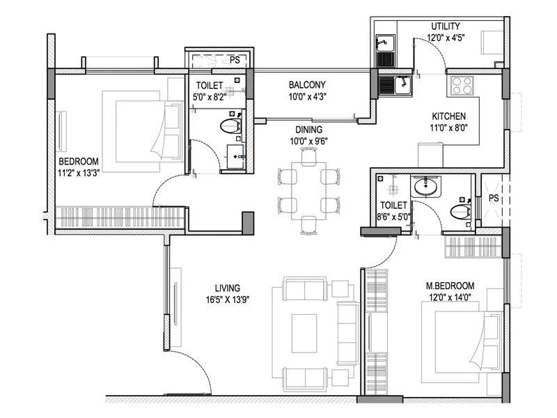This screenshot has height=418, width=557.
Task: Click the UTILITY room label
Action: (x=446, y=26)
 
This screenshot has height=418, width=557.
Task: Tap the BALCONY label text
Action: (x=307, y=86)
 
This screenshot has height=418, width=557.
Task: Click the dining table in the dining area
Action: (x=308, y=190)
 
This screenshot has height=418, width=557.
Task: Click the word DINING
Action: (x=308, y=130)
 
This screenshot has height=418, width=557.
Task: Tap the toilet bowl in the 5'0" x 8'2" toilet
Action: (x=230, y=126)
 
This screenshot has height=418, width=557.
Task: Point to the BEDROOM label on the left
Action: (x=79, y=160)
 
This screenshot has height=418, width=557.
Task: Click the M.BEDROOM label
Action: (x=450, y=286)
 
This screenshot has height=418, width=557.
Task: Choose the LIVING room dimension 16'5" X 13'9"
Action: (x=227, y=300)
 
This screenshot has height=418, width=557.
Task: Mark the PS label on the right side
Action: (x=494, y=199)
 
